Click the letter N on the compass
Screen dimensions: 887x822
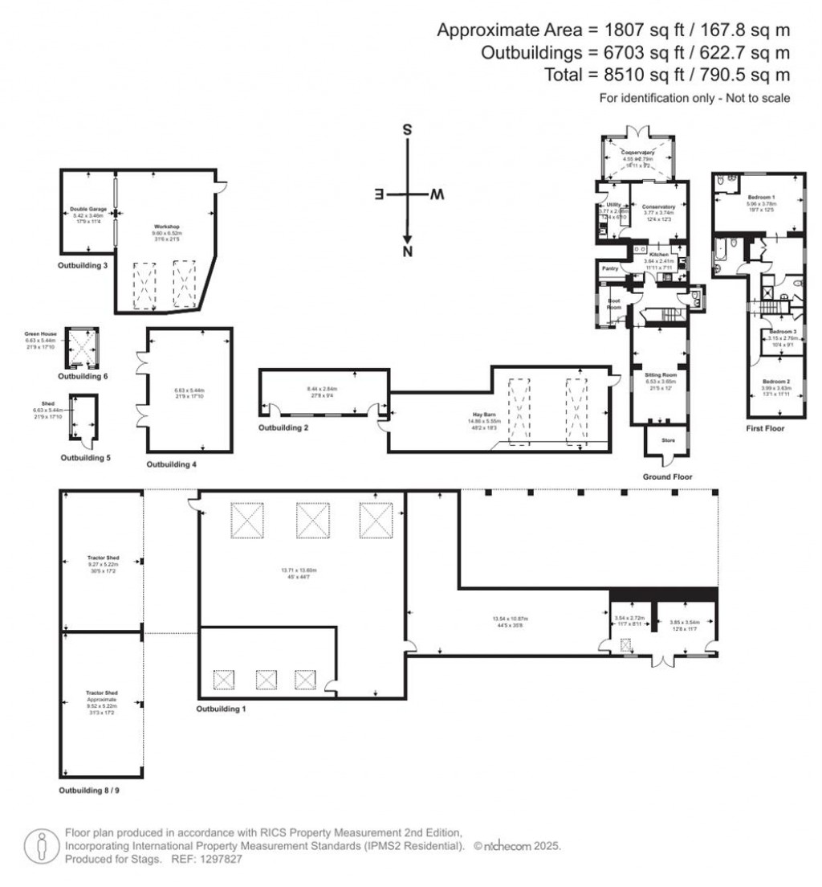(x=408, y=253)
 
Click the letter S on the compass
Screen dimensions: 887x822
(x=408, y=130)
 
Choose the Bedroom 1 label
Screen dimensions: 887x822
(x=761, y=197)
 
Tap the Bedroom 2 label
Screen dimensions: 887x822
(x=775, y=381)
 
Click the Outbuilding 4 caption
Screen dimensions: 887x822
(x=172, y=464)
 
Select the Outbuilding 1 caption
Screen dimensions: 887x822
(x=222, y=709)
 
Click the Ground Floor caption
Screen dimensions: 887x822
(x=667, y=476)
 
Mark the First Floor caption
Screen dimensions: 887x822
(x=765, y=429)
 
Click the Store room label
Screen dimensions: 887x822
(x=667, y=439)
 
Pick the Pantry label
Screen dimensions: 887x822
(x=609, y=268)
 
